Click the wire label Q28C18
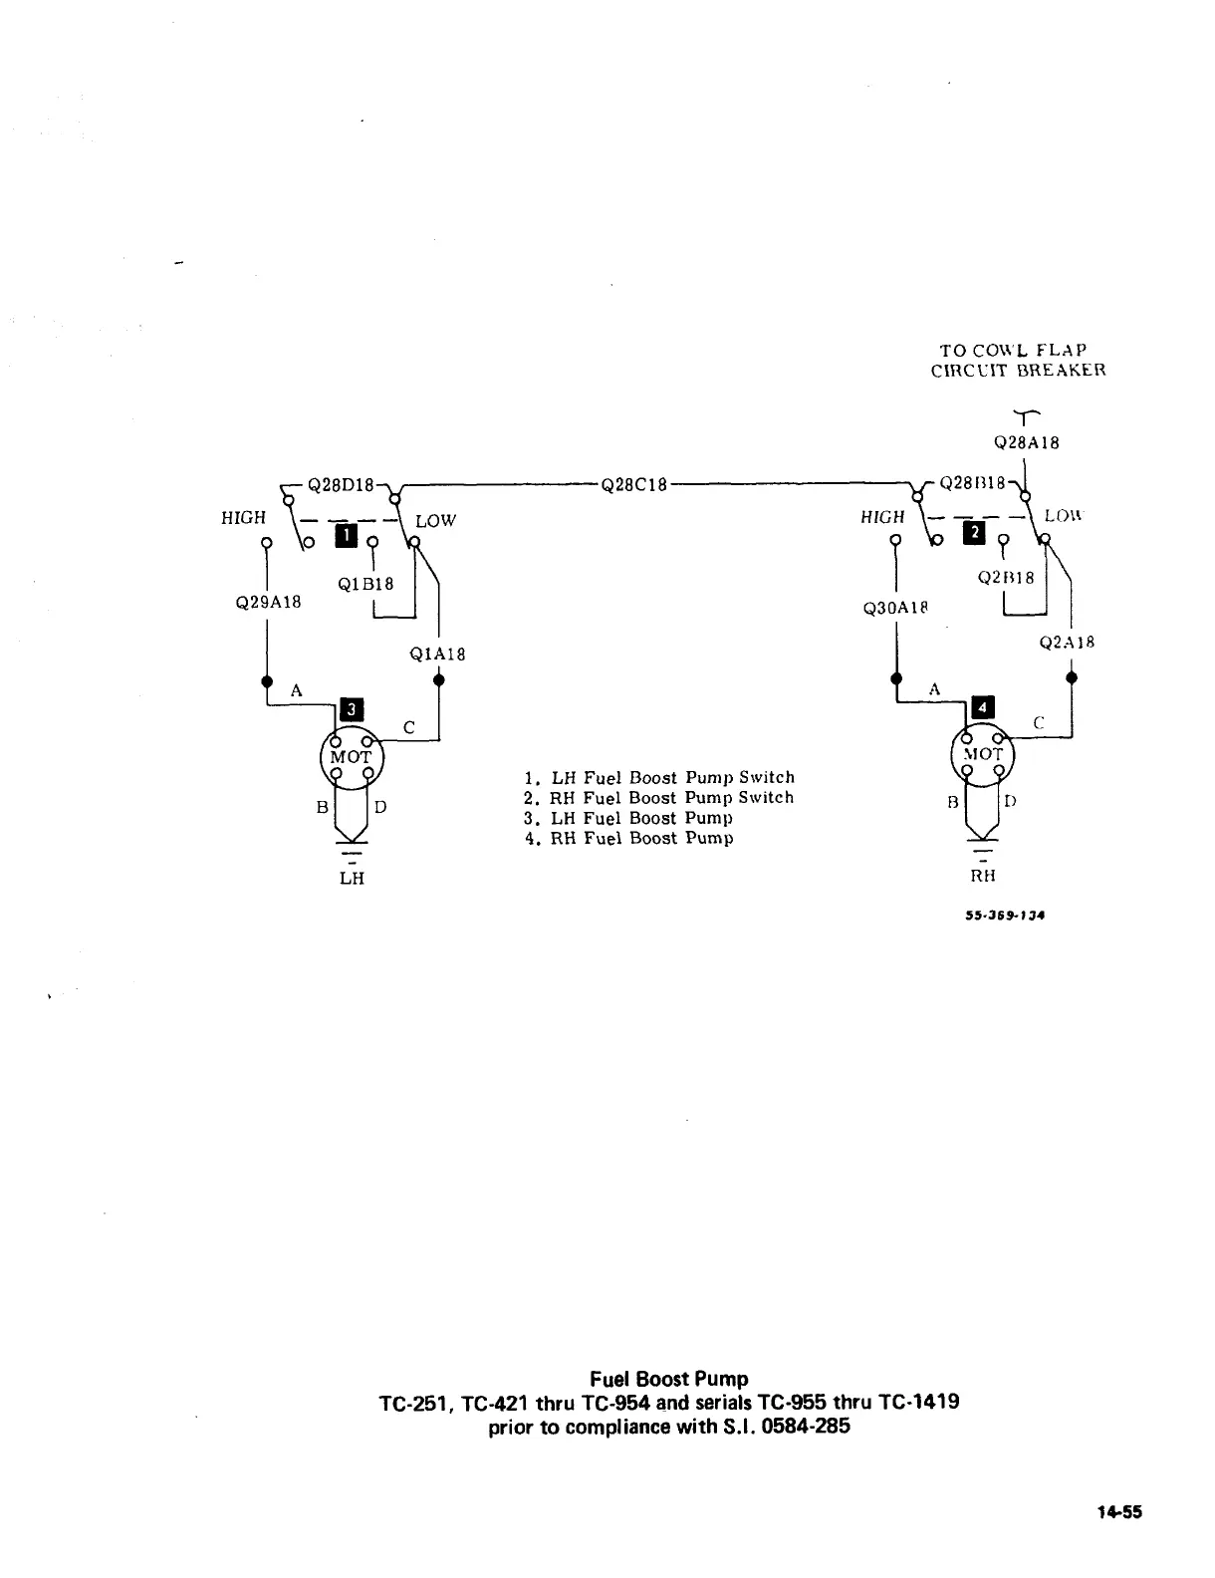633,486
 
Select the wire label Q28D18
341,486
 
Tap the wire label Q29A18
268,602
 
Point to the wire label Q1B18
365,585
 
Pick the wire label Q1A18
437,655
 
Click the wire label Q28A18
1027,443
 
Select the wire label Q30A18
897,608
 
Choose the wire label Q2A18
1067,643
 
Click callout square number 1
344,537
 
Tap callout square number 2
975,534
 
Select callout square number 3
353,709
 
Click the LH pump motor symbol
352,757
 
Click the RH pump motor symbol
982,754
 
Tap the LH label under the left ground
352,878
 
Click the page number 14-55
1119,1512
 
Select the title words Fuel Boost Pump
668,1379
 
